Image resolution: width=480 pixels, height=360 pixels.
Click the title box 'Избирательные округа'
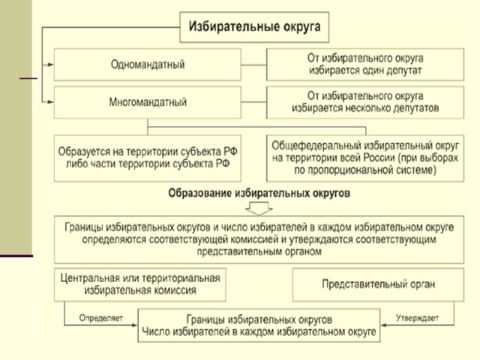pos(254,27)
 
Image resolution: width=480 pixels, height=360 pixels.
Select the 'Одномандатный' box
pos(148,64)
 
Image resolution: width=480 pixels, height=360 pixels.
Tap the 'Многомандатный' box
pos(148,102)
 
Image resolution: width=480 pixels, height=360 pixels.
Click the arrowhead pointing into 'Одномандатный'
pos(50,64)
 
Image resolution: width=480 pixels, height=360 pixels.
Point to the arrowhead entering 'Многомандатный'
pos(50,102)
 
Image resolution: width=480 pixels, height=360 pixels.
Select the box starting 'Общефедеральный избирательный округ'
pos(365,158)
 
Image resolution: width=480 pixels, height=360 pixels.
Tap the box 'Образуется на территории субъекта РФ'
pos(148,158)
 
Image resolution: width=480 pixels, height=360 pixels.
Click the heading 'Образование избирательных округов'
pos(259,193)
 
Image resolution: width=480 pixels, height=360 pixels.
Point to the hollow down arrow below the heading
pos(259,208)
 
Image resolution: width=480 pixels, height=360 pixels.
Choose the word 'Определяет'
pos(101,318)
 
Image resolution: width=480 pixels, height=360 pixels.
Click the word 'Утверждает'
pos(417,318)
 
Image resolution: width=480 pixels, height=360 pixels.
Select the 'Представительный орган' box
pos(378,285)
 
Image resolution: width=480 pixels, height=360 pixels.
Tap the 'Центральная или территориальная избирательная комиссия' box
pos(140,285)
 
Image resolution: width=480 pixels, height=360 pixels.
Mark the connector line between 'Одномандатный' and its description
pos(253,65)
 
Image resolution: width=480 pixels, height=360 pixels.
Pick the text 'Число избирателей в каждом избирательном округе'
pos(259,331)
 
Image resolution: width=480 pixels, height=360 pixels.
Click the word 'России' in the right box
pos(379,158)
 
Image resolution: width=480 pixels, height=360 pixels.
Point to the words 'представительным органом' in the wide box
pos(259,252)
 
